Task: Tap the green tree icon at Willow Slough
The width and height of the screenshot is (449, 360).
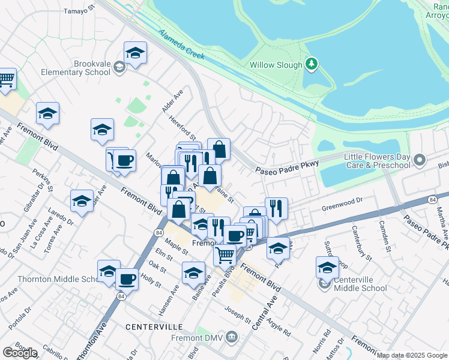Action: pyautogui.click(x=311, y=63)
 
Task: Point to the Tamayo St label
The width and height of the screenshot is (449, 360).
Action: pyautogui.click(x=80, y=10)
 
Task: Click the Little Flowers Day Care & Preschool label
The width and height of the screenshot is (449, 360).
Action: pyautogui.click(x=377, y=161)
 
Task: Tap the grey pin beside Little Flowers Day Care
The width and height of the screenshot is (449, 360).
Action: pyautogui.click(x=420, y=160)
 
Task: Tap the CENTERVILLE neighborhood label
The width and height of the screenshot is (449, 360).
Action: pyautogui.click(x=154, y=327)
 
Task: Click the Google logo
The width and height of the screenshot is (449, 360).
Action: pyautogui.click(x=20, y=353)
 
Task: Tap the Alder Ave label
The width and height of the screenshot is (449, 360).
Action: pyautogui.click(x=172, y=101)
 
